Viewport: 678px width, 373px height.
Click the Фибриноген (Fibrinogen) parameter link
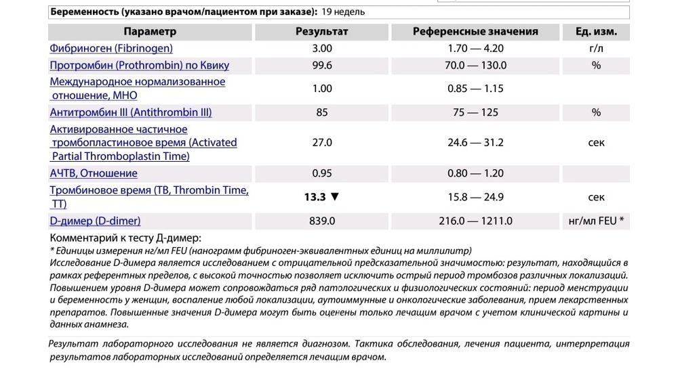click(111, 48)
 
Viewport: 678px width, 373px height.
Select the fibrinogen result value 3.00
click(322, 48)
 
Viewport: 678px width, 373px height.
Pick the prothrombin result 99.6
click(322, 65)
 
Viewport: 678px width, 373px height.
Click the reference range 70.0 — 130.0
click(477, 65)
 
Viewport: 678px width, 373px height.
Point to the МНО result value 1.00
click(322, 89)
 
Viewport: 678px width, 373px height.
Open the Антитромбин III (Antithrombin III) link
click(131, 112)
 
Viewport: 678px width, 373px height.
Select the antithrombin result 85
click(322, 112)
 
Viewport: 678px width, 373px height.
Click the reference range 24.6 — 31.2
click(476, 143)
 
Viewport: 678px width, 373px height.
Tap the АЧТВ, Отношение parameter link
click(94, 173)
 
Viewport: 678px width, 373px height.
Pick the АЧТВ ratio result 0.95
click(322, 173)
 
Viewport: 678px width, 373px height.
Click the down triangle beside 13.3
click(334, 197)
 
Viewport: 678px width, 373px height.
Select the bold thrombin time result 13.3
click(315, 197)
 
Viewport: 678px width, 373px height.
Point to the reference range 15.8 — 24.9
click(476, 197)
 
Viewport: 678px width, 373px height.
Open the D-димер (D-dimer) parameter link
click(95, 221)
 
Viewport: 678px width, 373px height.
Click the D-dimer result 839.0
click(322, 221)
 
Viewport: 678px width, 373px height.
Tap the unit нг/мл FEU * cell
click(596, 221)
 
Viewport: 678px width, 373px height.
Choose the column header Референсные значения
click(475, 31)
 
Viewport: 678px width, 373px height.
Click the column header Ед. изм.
click(596, 31)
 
